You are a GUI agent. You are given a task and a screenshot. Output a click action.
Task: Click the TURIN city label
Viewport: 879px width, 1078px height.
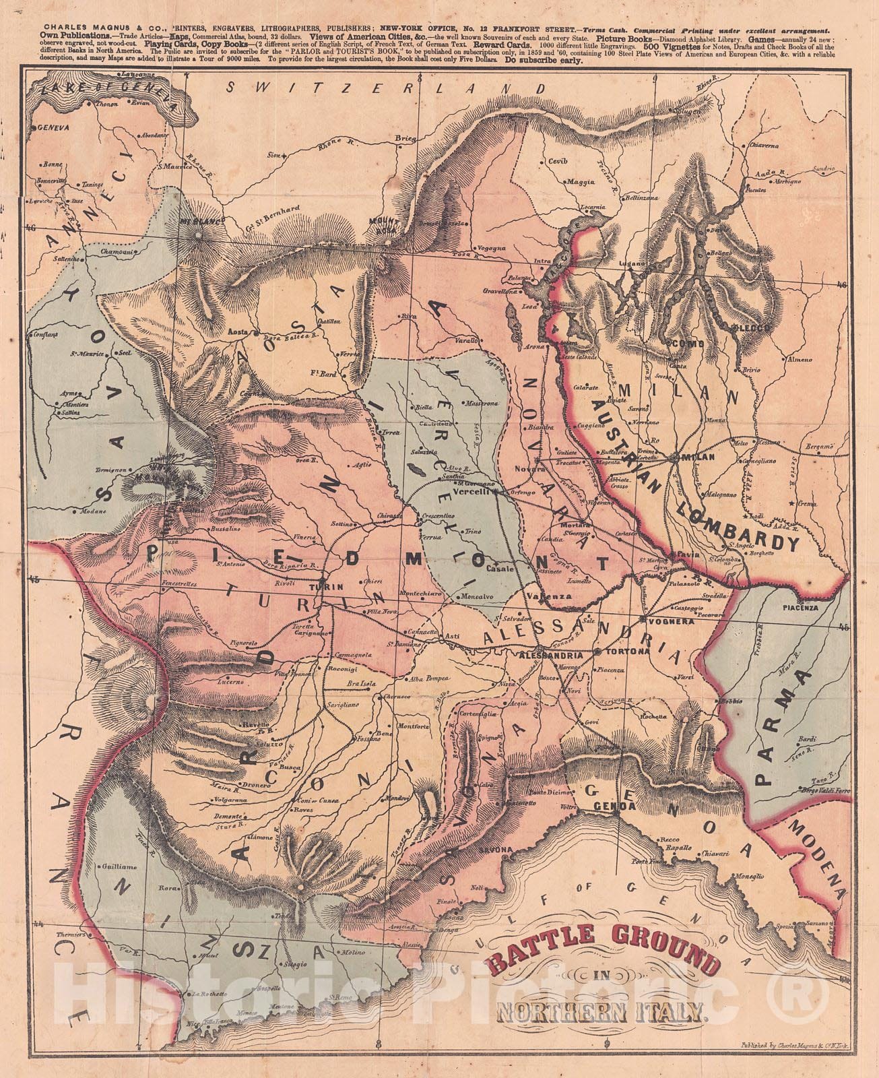tap(321, 587)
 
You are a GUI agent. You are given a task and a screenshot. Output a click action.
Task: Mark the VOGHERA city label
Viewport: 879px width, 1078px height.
tap(668, 620)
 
